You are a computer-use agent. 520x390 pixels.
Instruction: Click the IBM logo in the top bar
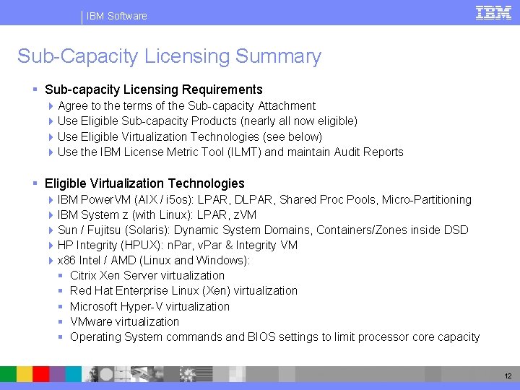pos(494,13)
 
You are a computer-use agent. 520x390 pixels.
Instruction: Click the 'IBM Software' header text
pos(116,16)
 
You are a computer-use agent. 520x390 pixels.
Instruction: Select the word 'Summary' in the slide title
pos(279,56)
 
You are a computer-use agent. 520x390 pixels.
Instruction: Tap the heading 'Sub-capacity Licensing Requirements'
pos(153,90)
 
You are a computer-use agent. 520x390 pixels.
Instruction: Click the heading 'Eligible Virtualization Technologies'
pos(144,183)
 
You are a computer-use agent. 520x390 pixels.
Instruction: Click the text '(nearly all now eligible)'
pos(298,121)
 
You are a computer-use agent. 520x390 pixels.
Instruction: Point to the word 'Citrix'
pos(83,275)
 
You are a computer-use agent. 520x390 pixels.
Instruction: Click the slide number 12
pos(507,376)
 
